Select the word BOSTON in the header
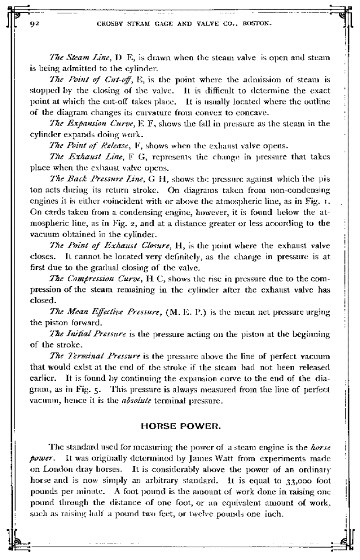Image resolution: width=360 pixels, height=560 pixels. pos(261,25)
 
